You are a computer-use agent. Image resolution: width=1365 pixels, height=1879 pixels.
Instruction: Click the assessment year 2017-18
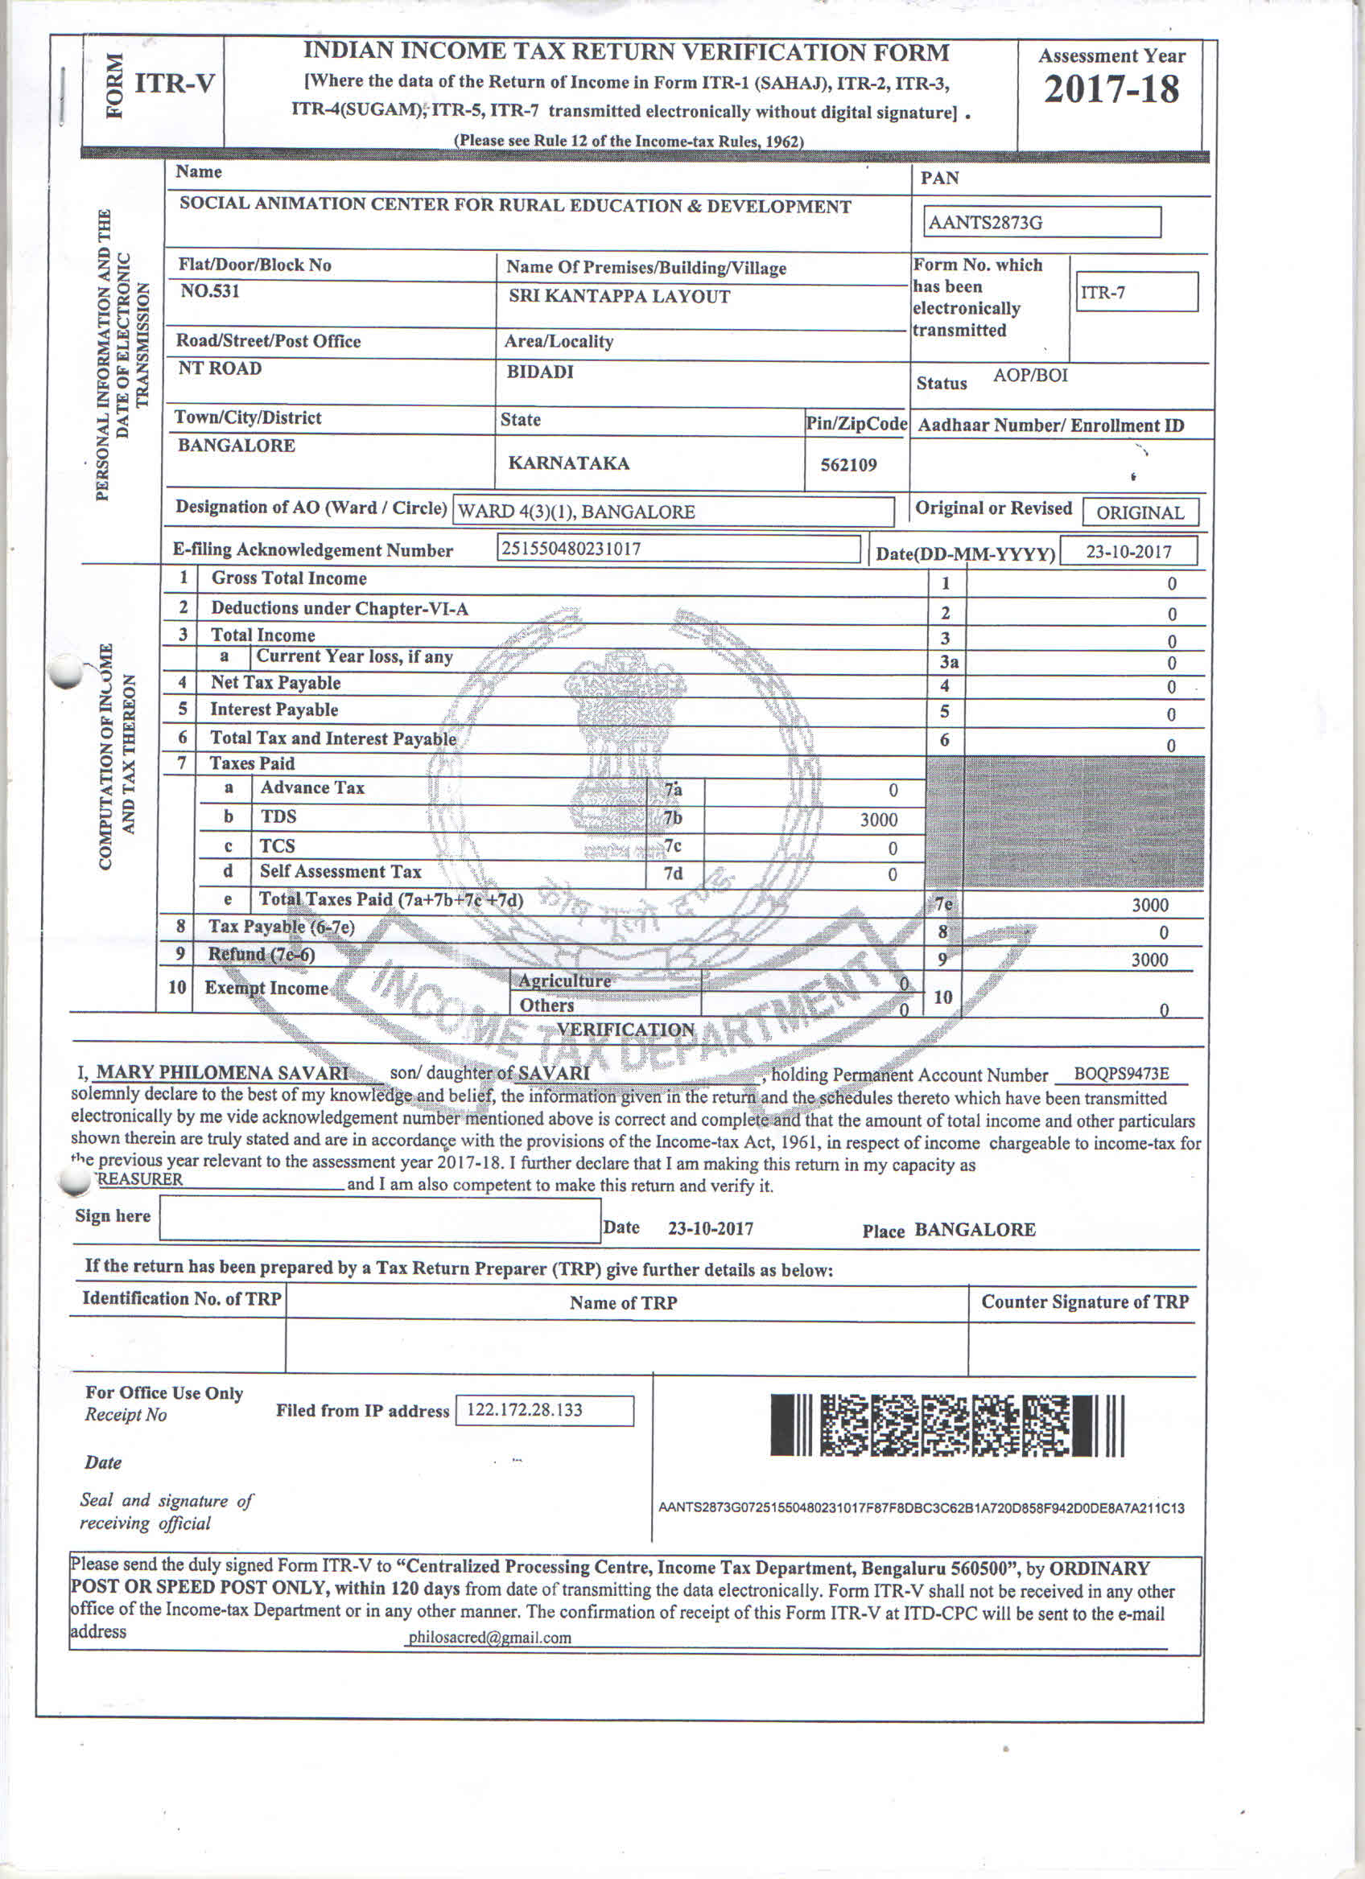coord(1111,89)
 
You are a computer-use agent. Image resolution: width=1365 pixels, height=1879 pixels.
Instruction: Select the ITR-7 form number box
coord(1136,293)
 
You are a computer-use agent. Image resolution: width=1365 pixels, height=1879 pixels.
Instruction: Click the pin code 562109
coord(847,465)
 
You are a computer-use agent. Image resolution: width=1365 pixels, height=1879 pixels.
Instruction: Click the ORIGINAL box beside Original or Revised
coord(1140,512)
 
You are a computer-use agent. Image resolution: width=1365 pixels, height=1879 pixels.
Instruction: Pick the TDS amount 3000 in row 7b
coord(878,820)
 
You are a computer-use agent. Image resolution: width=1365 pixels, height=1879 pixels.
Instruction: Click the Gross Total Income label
coord(288,578)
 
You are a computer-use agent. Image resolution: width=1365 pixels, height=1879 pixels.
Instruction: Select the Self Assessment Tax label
coord(340,872)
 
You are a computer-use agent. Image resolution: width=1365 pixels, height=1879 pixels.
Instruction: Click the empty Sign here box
coord(380,1220)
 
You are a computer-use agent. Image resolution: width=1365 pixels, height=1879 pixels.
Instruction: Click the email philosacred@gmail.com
coord(489,1637)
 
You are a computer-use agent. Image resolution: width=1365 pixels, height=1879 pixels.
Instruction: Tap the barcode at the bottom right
coord(946,1425)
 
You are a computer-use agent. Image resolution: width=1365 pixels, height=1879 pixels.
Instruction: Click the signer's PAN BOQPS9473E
coord(1120,1074)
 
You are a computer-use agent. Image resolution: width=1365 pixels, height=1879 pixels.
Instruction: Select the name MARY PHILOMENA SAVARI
coord(222,1073)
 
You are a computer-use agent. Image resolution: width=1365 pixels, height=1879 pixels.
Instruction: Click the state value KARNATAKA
coord(568,463)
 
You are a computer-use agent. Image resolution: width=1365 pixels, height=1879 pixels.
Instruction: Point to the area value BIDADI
coord(539,372)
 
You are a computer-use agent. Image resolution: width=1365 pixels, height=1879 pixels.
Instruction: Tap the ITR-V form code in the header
coord(175,84)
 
